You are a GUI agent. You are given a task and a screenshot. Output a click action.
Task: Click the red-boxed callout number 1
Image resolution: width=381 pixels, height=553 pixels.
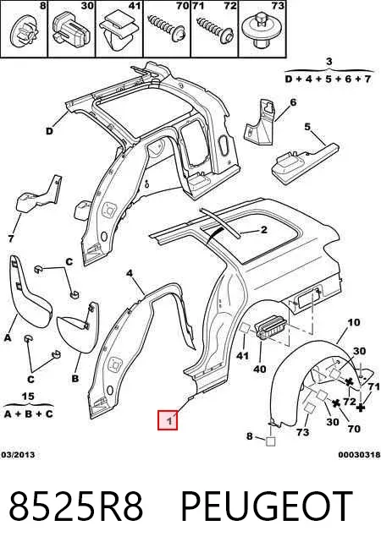168,420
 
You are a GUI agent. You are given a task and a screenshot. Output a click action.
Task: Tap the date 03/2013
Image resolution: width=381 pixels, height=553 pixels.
18,455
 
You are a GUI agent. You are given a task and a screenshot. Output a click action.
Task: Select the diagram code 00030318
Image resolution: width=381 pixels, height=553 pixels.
360,455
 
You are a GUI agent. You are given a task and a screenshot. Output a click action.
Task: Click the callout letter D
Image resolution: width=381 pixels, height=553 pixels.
50,131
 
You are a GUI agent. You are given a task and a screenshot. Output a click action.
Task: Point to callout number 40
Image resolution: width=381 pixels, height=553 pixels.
260,369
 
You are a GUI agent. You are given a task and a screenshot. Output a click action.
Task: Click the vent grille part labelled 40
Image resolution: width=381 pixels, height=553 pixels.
273,327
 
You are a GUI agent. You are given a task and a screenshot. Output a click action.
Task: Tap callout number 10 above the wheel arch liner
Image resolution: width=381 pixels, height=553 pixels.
353,322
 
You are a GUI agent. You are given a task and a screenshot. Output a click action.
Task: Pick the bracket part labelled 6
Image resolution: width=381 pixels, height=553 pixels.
261,123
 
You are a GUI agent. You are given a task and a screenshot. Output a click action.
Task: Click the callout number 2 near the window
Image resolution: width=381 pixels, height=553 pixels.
264,230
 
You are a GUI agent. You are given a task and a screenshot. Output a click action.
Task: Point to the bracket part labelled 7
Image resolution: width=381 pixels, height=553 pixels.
39,195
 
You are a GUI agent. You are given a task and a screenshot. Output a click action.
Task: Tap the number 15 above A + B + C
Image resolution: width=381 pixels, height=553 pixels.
28,397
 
